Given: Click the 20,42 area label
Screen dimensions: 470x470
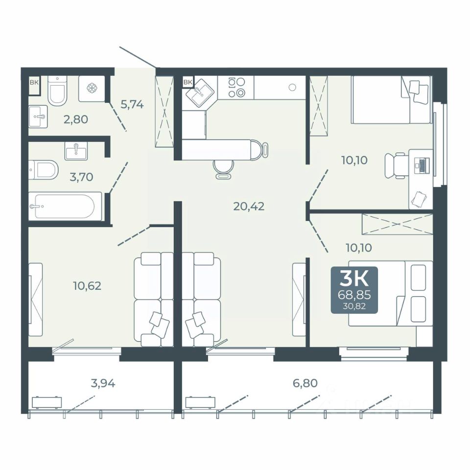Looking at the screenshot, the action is [249, 207].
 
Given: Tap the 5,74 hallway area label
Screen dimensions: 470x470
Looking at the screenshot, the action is [132, 104].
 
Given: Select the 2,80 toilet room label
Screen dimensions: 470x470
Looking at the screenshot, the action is [76, 119].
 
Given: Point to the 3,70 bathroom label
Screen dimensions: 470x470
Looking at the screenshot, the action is [81, 177].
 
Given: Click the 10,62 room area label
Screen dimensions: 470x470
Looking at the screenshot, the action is [87, 286].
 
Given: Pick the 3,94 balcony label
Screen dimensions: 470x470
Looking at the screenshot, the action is [103, 383].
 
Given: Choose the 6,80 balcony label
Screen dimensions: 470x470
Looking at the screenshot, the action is [305, 383].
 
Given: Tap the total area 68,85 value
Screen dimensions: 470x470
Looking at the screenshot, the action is [354, 295].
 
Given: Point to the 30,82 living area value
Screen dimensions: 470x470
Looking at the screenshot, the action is [354, 306].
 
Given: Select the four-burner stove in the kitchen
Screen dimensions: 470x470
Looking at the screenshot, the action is [236, 87].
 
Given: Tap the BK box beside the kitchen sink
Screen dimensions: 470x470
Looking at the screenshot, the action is [188, 82].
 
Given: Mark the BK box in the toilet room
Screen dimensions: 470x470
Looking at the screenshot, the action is [34, 82].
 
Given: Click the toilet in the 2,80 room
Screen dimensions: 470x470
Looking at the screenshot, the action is [57, 90].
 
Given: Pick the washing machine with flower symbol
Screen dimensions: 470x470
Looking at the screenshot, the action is [92, 89].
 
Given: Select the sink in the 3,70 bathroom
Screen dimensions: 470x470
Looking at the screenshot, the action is [76, 151].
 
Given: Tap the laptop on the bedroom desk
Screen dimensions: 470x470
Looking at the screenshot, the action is [422, 165].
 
